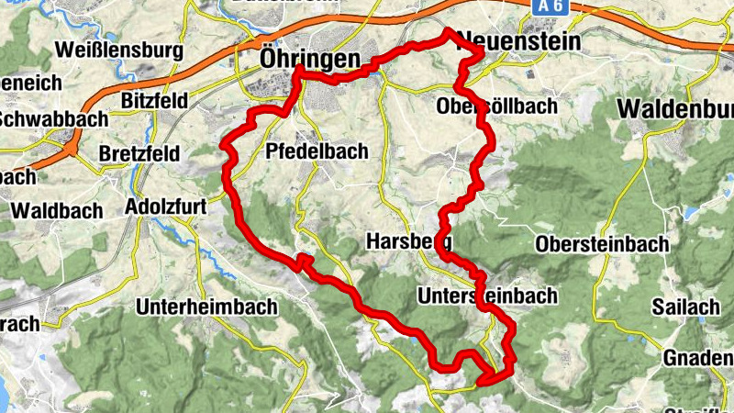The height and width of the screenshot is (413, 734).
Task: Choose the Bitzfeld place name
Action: (x=153, y=99)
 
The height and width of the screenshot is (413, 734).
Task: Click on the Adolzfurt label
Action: (x=167, y=206)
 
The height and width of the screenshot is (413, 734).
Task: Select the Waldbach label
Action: (x=57, y=210)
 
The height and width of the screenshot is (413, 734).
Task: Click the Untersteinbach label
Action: (x=486, y=296)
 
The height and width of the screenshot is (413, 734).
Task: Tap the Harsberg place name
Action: (x=407, y=242)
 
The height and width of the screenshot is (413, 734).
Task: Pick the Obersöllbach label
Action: (x=496, y=106)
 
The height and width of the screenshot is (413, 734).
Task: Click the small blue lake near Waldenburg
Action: (x=686, y=213)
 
